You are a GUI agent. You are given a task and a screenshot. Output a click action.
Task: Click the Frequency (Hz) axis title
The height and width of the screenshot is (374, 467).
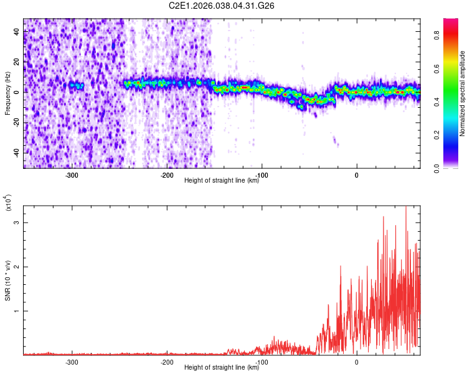(7, 93)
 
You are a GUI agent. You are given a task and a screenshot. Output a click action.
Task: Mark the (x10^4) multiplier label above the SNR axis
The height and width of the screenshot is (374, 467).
(9, 203)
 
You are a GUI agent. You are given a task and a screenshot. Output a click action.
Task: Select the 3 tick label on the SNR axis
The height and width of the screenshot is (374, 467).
(17, 223)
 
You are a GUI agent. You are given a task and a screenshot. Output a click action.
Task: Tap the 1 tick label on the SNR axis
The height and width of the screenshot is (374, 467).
(17, 311)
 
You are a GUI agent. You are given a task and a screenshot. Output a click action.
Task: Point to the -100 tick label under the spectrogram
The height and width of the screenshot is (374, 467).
(262, 175)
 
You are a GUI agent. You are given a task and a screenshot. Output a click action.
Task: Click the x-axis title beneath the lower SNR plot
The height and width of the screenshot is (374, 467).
(222, 368)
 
